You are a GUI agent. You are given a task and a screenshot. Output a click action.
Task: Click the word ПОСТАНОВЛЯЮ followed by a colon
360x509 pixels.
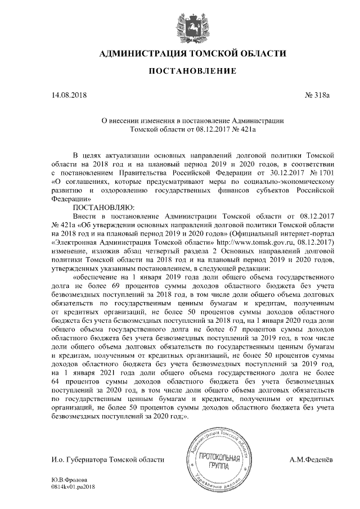[101, 207]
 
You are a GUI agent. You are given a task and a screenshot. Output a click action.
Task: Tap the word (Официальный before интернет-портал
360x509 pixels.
[236, 233]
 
